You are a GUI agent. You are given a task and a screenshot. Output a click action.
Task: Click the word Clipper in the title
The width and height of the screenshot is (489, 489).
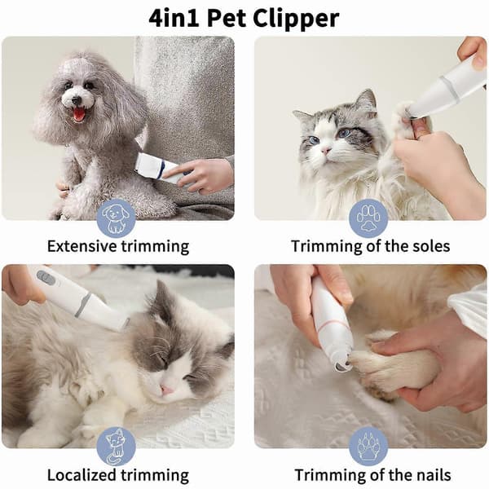point(296,20)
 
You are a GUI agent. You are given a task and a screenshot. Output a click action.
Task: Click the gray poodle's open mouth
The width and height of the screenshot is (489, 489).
point(79,114)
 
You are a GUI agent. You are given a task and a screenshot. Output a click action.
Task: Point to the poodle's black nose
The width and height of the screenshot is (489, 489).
point(76,100)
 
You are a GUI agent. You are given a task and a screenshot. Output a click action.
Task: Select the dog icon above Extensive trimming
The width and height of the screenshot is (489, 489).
point(116,218)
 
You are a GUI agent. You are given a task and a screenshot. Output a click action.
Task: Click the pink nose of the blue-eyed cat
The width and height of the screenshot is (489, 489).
point(326,151)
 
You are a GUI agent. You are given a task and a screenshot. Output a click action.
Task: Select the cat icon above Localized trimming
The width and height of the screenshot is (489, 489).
point(116,447)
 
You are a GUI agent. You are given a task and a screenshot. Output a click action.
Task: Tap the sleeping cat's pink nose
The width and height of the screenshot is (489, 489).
point(165,390)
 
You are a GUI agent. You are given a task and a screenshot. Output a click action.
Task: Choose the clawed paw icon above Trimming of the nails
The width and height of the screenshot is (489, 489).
point(368,447)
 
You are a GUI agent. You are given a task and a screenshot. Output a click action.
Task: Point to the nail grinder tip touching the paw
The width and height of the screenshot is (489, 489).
point(343,363)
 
